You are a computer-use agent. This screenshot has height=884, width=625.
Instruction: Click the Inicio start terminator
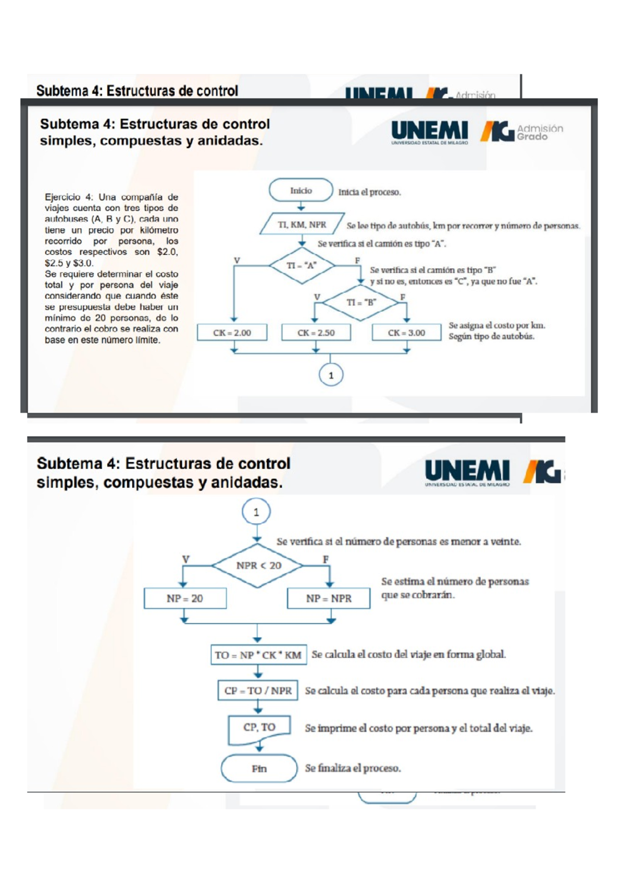(301, 190)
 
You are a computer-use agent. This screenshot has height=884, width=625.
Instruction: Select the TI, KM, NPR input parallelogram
(302, 224)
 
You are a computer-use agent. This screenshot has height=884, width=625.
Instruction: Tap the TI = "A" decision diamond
(302, 265)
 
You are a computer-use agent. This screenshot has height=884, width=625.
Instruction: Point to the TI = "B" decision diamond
(361, 302)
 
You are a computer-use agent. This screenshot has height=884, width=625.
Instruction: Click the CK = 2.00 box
(232, 333)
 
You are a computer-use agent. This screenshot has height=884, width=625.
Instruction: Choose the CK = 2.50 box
(316, 333)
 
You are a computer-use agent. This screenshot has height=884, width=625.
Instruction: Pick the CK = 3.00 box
(407, 333)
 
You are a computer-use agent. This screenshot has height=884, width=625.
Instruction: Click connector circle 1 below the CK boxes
(331, 375)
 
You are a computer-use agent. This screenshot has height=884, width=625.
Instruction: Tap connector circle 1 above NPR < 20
(256, 512)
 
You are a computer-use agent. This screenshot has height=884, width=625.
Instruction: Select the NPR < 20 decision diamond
(258, 566)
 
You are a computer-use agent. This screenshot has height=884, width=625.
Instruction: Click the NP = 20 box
(185, 598)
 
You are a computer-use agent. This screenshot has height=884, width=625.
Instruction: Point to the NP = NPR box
(329, 598)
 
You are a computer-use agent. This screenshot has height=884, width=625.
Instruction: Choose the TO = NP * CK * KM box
(258, 655)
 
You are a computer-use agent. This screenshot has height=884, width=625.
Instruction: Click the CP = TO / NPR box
(258, 691)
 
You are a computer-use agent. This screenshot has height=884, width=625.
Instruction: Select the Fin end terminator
(259, 768)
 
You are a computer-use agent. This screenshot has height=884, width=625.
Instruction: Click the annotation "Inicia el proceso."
(369, 192)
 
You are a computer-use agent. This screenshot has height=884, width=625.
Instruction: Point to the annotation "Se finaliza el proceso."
(353, 768)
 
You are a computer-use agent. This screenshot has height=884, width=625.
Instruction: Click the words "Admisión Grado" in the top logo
(540, 132)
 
